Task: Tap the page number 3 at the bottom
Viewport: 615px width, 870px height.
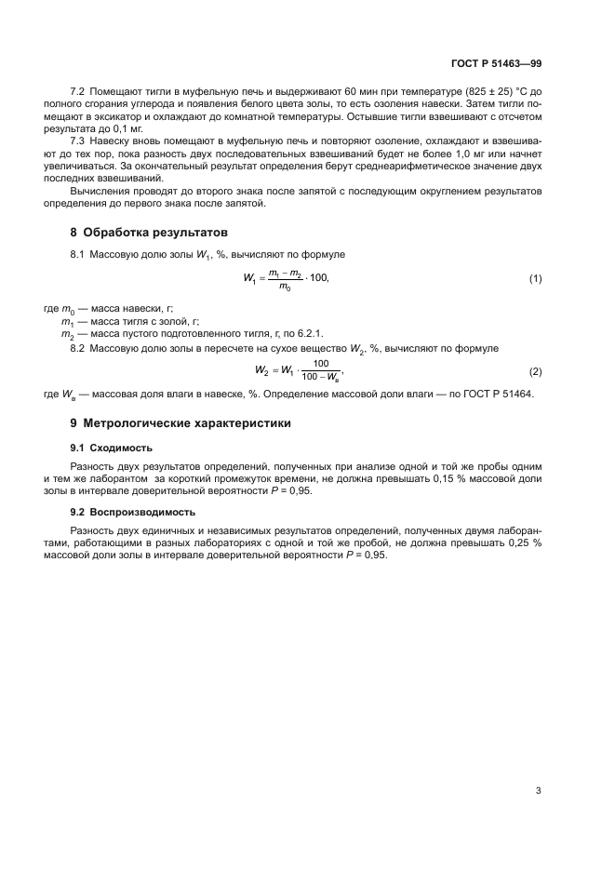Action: point(538,791)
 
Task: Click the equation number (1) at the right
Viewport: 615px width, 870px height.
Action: point(535,279)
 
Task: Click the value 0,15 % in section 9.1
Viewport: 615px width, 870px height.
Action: point(450,476)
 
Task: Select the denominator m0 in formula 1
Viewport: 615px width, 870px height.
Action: point(285,288)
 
